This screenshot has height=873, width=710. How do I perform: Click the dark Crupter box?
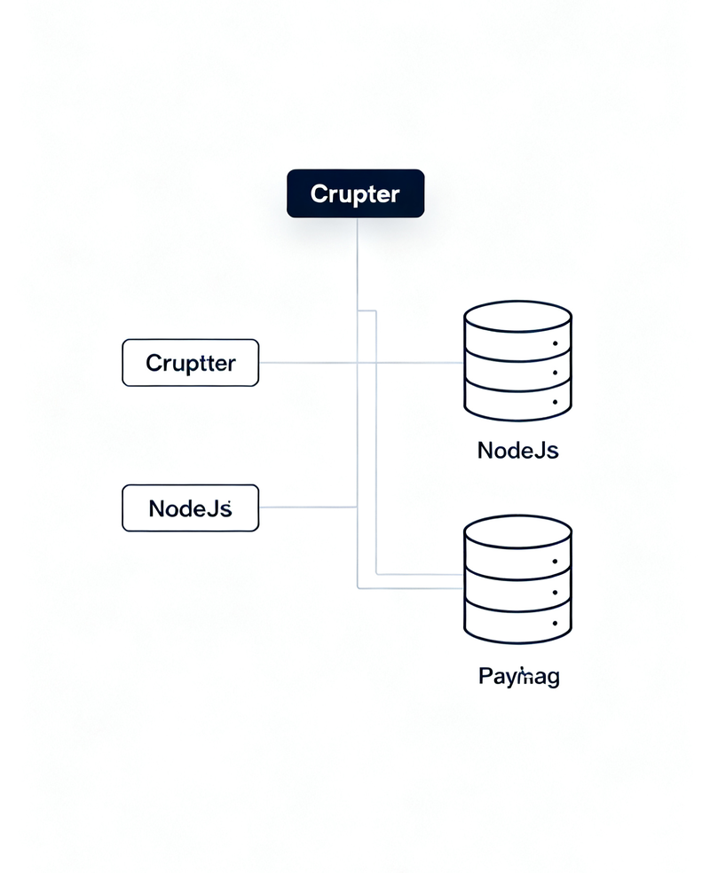click(x=355, y=193)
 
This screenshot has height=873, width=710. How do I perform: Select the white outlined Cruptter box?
click(x=190, y=363)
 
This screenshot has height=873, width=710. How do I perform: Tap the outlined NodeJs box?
click(x=190, y=508)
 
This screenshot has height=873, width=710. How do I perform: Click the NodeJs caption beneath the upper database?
click(x=517, y=450)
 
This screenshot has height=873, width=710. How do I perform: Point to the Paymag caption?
click(x=519, y=678)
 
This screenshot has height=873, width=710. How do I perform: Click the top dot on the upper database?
click(x=556, y=342)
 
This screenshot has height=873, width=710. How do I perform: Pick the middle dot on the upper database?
click(x=556, y=373)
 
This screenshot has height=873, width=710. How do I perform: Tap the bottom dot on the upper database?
click(x=556, y=402)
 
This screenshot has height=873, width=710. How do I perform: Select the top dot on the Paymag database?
click(x=556, y=562)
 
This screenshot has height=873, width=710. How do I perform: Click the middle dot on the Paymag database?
click(x=556, y=592)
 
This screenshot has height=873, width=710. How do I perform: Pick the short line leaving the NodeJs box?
click(x=307, y=507)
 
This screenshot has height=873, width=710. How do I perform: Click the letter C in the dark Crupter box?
click(x=318, y=193)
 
